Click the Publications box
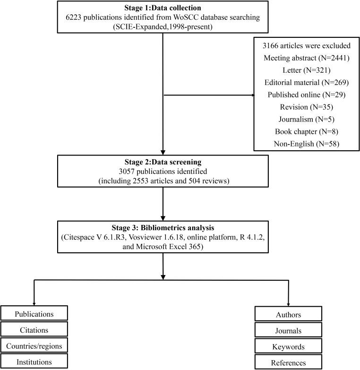pos(34,314)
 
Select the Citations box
pos(34,330)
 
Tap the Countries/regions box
pos(34,346)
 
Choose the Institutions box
pos(34,362)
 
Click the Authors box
pos(288,314)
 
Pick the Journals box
pos(288,331)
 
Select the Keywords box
pos(288,347)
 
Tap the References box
pos(288,362)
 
